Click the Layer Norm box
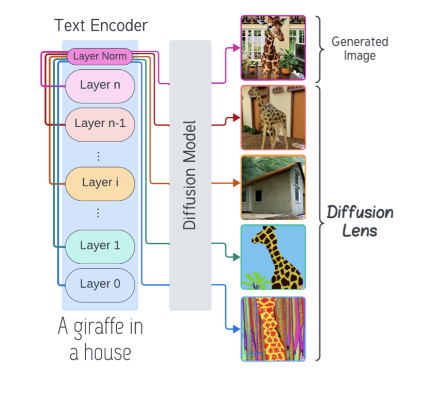click(x=100, y=56)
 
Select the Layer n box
click(x=100, y=85)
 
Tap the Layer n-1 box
click(x=100, y=124)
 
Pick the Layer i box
click(x=100, y=183)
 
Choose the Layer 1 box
click(x=100, y=246)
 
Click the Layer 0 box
click(x=100, y=284)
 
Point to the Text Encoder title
click(x=101, y=25)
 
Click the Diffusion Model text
click(x=190, y=175)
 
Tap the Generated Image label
click(x=360, y=49)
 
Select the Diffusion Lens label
click(x=360, y=221)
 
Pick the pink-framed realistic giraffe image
click(x=273, y=48)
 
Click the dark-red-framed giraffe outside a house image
click(x=273, y=118)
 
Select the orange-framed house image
click(x=273, y=187)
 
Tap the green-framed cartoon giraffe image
click(x=273, y=257)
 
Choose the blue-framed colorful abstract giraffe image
click(x=273, y=329)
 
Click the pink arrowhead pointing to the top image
click(x=237, y=48)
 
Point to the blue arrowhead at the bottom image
click(x=237, y=329)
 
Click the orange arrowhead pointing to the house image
click(x=237, y=183)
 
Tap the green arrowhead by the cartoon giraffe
click(x=237, y=257)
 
